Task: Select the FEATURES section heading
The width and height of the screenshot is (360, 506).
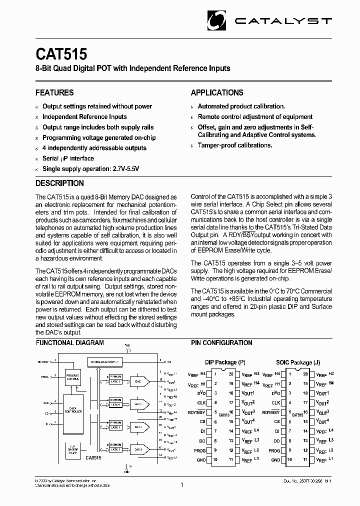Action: pyautogui.click(x=54, y=92)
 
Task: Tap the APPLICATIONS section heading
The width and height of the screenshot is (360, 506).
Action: pyautogui.click(x=217, y=92)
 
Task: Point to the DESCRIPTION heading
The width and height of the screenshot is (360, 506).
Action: pyautogui.click(x=59, y=183)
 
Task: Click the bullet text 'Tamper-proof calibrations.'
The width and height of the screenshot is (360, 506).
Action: pyautogui.click(x=235, y=145)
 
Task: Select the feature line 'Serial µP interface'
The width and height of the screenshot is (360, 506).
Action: pyautogui.click(x=68, y=158)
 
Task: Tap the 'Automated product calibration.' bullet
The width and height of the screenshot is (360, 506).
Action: pyautogui.click(x=241, y=106)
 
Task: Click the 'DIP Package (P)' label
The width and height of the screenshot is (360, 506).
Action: pyautogui.click(x=225, y=362)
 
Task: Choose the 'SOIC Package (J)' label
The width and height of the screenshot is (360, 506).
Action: pyautogui.click(x=294, y=362)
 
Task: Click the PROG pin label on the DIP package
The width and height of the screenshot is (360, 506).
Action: pyautogui.click(x=199, y=450)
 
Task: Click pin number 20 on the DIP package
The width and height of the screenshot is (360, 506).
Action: pyautogui.click(x=230, y=374)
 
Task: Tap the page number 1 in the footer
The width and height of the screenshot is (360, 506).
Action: pyautogui.click(x=181, y=484)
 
